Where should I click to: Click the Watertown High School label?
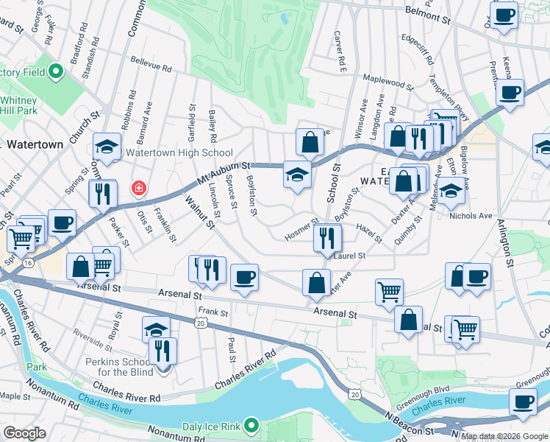tap(179, 153)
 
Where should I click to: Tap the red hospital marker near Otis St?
tap(137, 189)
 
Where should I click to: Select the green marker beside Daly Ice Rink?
tap(252, 426)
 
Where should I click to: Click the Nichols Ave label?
tap(470, 216)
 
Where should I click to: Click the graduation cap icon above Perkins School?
tap(156, 329)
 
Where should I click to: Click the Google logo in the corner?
tap(24, 433)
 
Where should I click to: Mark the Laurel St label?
tap(351, 256)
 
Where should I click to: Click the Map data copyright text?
tap(505, 435)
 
